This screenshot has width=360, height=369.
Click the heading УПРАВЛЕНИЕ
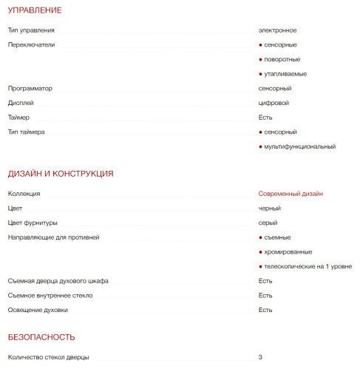pos(34,10)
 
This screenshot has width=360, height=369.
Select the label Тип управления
pos(31,30)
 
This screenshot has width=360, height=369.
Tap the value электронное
pos(277,30)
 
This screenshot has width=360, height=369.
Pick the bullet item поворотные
pos(282,59)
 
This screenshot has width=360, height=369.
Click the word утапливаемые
pos(285,74)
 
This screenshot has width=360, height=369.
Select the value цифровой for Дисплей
pos(274,103)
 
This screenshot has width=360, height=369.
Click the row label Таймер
pos(19,118)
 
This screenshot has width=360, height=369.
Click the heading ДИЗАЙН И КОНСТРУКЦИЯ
pos(60,174)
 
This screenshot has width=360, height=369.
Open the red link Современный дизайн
pos(291,194)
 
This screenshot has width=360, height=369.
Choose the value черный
pos(269,209)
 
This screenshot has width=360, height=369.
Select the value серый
pos(268,223)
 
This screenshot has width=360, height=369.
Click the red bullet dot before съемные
pos(260,237)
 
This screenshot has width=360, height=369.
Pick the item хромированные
pos(288,252)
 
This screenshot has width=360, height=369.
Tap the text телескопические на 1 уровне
pos(308,266)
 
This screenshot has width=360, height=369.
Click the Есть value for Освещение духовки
pos(265,310)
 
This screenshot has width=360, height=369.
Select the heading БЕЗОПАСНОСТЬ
pos(41,337)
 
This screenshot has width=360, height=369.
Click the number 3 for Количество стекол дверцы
pos(260,357)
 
